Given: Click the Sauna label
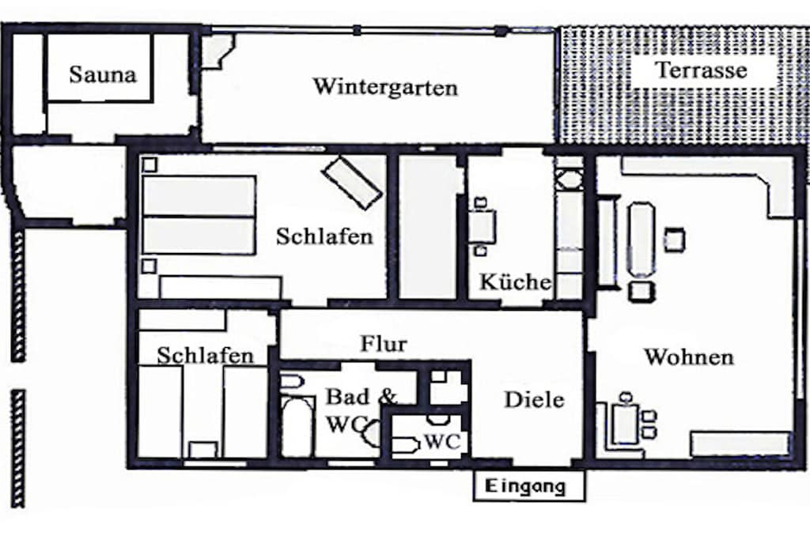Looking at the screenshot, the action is [103, 74].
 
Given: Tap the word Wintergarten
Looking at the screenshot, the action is [385, 86].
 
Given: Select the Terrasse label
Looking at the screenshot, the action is [701, 70].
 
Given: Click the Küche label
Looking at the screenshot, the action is [516, 282].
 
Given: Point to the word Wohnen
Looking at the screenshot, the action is [689, 357].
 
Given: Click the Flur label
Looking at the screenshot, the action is [384, 343].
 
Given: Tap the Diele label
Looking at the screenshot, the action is [534, 399].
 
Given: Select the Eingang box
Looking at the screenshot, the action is [529, 485].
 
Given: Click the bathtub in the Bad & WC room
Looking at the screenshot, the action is [297, 427].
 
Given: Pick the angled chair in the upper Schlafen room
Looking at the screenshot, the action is [352, 182].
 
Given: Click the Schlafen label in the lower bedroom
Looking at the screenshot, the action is [205, 355].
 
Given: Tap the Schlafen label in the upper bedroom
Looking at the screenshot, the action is [324, 236].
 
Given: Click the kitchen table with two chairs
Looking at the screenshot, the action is [483, 227].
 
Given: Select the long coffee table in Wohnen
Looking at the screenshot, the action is [641, 240].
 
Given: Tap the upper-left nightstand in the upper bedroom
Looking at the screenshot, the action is [150, 165].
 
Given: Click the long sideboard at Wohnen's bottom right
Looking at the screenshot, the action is [740, 444].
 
